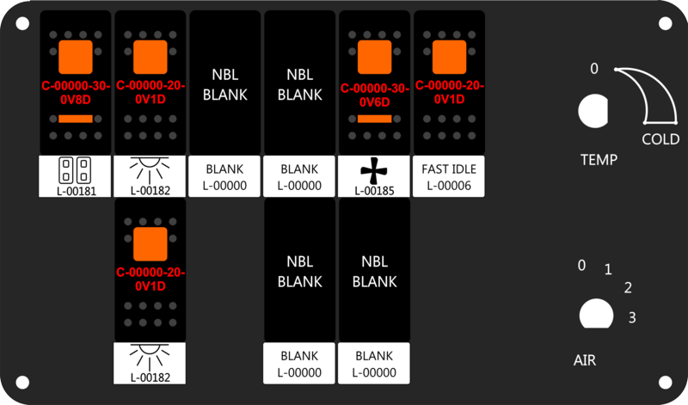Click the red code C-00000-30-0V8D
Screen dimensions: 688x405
(x=76, y=93)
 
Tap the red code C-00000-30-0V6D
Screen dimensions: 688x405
(x=374, y=95)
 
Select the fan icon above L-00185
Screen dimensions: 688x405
(x=374, y=171)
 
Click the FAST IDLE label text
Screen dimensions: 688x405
(x=449, y=169)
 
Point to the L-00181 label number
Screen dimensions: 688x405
(x=77, y=191)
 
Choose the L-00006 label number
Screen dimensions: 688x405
(x=449, y=186)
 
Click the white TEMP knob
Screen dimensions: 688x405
(x=593, y=111)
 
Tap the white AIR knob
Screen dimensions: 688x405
(x=596, y=314)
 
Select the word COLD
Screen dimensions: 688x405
(x=660, y=139)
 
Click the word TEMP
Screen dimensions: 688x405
(x=599, y=160)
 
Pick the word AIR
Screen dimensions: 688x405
(x=585, y=360)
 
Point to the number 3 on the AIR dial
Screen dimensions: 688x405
(x=632, y=317)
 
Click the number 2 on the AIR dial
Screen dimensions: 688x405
(x=628, y=288)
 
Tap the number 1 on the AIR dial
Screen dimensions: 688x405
(x=608, y=269)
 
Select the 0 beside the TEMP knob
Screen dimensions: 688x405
(x=593, y=69)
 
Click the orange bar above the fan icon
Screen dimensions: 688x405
(x=374, y=119)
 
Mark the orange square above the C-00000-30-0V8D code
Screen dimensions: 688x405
(x=76, y=57)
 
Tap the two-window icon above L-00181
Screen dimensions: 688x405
(x=75, y=170)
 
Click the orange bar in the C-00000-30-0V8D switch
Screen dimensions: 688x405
(x=76, y=119)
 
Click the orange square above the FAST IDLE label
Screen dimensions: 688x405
(x=449, y=57)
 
